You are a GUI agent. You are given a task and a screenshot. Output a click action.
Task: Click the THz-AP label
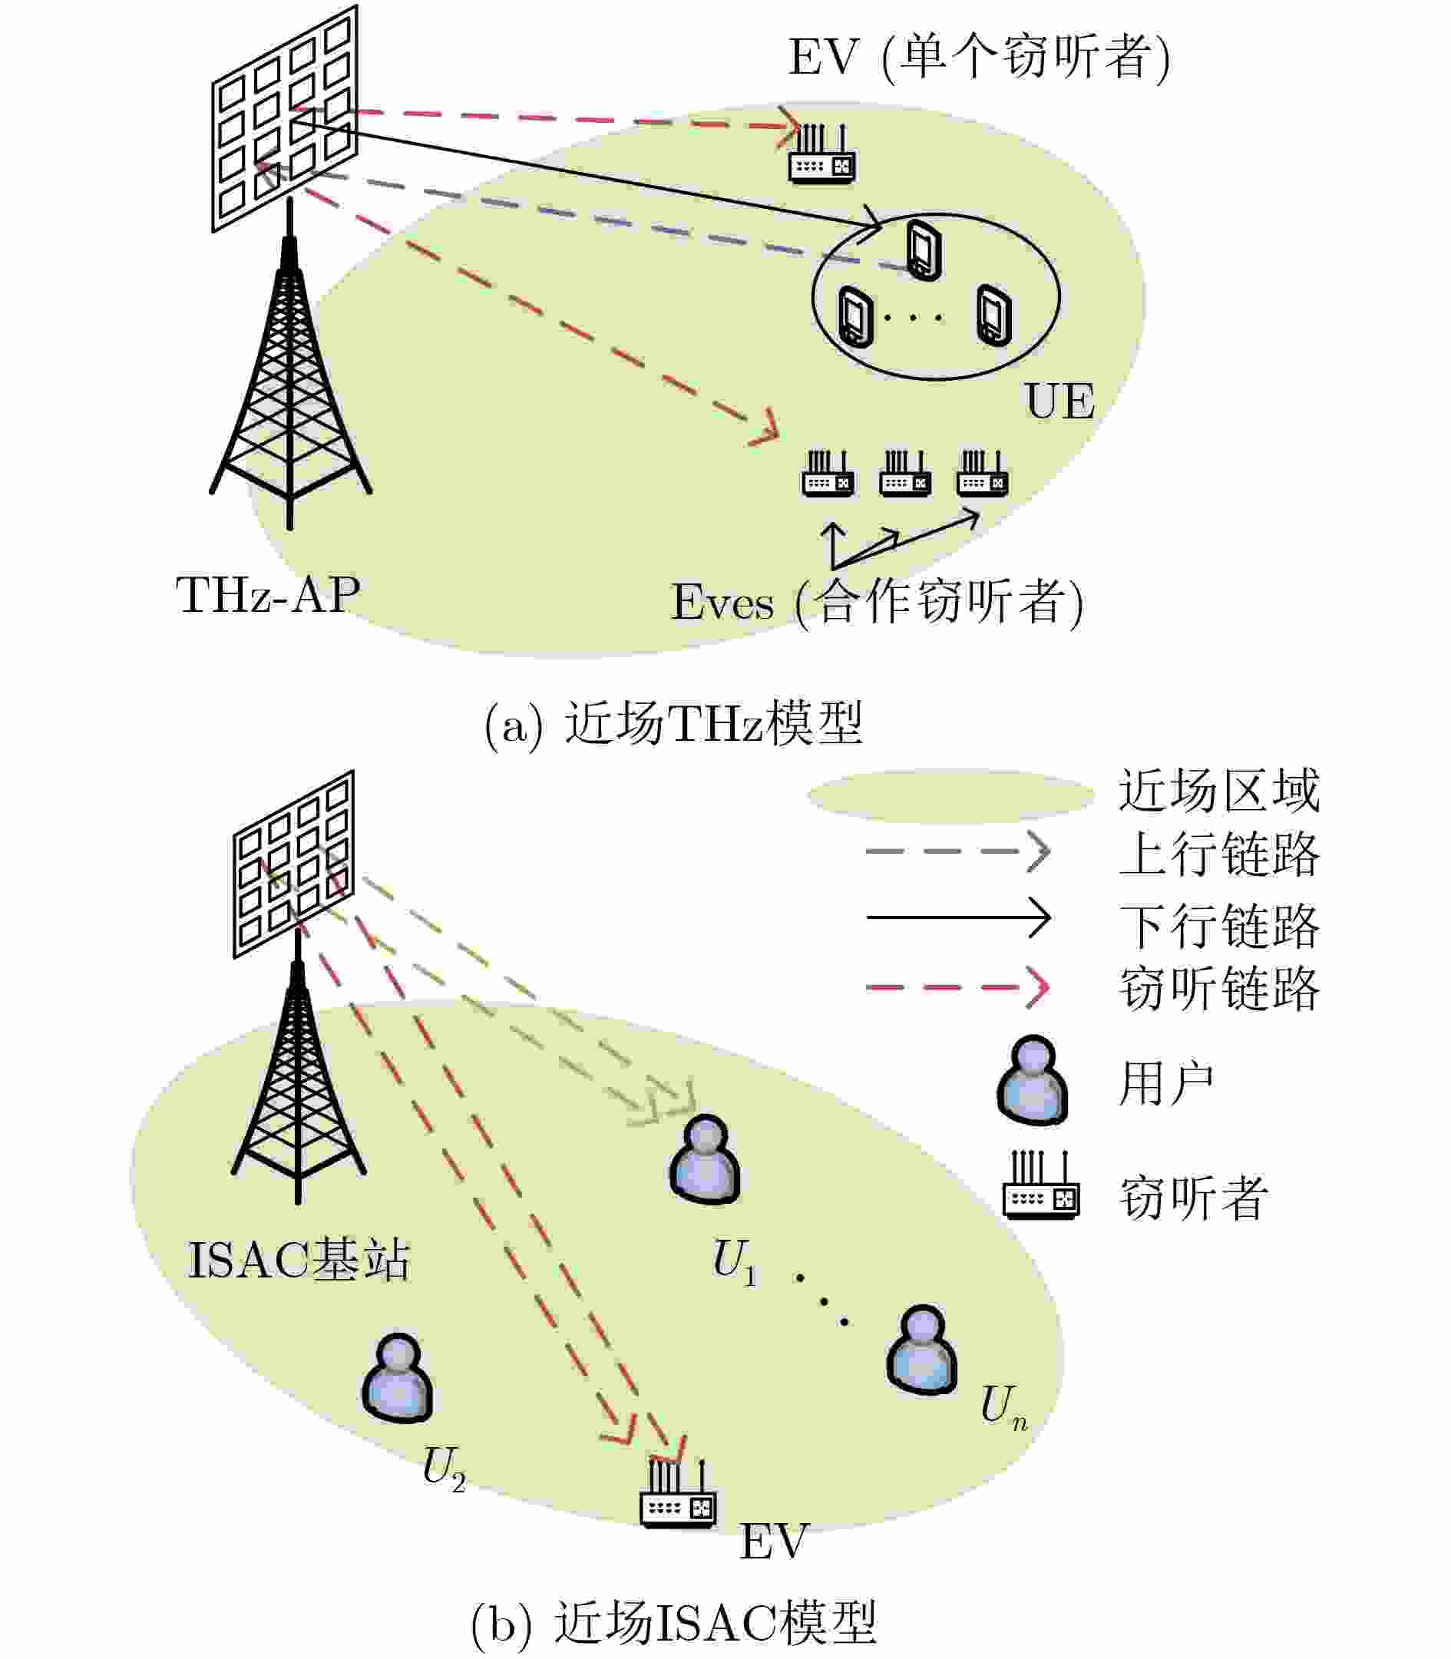[x=268, y=595]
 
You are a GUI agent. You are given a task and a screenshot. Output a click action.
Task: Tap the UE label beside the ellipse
[x=1059, y=401]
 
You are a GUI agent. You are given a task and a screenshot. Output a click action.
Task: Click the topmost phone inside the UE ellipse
[x=924, y=250]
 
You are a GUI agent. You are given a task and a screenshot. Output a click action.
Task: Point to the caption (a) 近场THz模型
[x=673, y=723]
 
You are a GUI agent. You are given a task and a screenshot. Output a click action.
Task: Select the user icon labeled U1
[x=706, y=1159]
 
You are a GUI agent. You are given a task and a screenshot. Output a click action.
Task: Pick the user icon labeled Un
[x=922, y=1349]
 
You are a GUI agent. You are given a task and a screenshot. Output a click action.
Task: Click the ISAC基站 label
[x=299, y=1261]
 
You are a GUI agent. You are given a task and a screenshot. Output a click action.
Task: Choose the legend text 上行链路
[x=1218, y=854]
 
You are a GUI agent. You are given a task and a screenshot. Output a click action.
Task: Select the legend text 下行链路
[x=1218, y=925]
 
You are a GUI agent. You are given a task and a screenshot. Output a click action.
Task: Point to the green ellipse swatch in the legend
[x=951, y=795]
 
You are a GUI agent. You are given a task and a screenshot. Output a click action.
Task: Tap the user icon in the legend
[x=1033, y=1080]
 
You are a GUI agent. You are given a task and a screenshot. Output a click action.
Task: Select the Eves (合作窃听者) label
[x=877, y=603]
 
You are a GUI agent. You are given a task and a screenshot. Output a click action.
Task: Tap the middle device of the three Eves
[x=905, y=475]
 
